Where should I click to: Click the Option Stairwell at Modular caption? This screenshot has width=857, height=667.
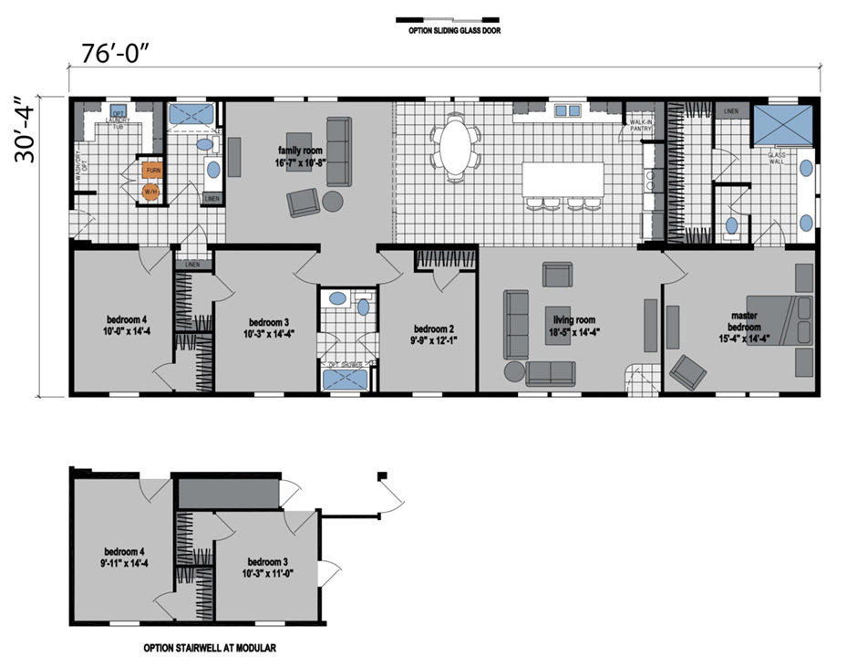209,648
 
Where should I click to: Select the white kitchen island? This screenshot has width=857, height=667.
562,177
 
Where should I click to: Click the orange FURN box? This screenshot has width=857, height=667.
152,170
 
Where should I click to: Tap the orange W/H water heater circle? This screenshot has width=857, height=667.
150,192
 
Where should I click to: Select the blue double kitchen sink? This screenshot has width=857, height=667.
568,110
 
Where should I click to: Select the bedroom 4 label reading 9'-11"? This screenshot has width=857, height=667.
125,558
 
